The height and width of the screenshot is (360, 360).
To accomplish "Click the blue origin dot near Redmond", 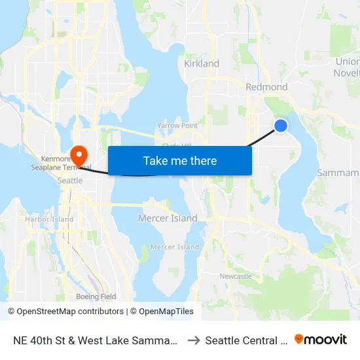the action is [281, 125].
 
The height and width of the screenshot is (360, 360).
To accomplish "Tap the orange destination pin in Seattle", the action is [79, 156].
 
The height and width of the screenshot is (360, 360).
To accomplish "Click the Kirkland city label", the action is [202, 63].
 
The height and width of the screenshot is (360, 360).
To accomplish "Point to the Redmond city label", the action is [266, 87].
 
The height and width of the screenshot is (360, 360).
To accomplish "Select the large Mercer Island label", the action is [168, 218].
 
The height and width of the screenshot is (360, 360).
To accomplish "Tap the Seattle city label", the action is [70, 180].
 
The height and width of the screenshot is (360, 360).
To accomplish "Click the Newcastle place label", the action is [236, 276].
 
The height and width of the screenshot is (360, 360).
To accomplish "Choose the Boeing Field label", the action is [96, 297].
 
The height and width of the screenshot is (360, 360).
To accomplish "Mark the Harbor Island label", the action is [50, 219].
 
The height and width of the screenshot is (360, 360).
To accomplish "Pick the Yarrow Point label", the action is [177, 125].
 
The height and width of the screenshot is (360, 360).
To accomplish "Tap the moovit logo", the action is [321, 340].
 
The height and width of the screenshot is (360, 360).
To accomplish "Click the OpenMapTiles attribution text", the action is [162, 312].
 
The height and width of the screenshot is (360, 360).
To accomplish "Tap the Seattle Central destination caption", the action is [246, 340].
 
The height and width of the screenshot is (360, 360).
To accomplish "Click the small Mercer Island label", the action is [175, 247].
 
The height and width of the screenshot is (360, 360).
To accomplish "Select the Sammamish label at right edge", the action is [338, 173].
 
